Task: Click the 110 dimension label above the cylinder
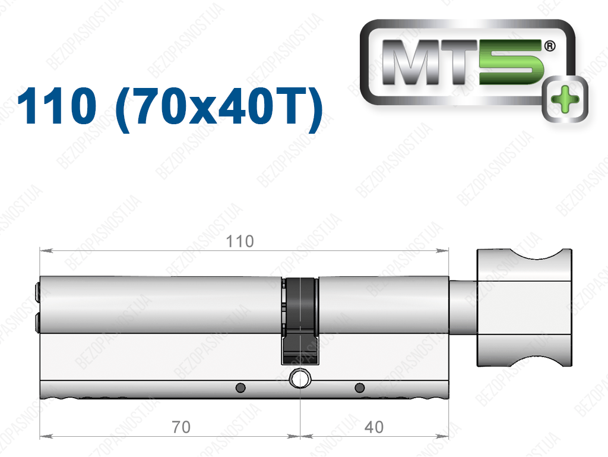coord(240,241)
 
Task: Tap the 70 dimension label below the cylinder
coord(181,427)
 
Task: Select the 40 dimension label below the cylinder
coord(374,427)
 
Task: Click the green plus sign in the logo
coord(565,99)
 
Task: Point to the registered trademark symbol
coord(550,46)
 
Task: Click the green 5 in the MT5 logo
coord(510,62)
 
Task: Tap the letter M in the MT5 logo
coord(414,62)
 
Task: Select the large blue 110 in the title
coord(56,106)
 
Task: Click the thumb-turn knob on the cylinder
coord(524,308)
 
